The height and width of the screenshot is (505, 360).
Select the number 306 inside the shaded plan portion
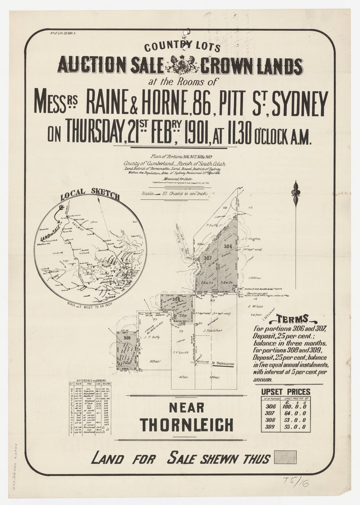pos(227,246)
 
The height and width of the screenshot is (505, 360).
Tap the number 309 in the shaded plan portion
pos(126,338)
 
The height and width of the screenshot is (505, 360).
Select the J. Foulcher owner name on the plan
pos(211,330)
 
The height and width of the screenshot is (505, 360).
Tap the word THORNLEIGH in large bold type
pos(187,425)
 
